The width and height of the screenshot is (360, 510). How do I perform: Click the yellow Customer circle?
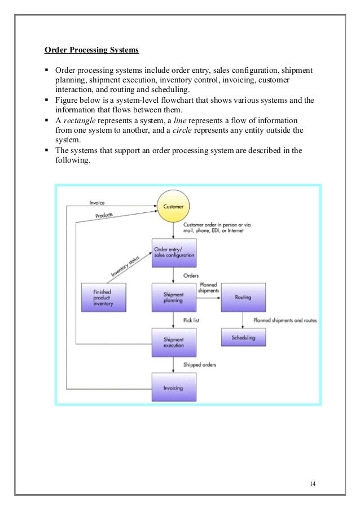point(173,206)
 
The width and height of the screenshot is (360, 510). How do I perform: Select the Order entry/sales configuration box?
point(174,253)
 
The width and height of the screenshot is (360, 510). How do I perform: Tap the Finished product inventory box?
point(104,298)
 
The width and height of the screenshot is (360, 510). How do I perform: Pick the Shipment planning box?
point(174,298)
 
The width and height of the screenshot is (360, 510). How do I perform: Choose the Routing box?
point(243,298)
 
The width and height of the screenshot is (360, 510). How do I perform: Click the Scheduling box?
point(243,337)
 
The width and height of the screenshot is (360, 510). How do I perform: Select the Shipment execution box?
point(174,342)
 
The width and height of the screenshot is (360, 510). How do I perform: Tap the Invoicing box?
point(174,387)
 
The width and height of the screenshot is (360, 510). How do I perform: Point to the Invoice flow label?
point(97,203)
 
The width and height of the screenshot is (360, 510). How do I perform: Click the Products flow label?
point(104,215)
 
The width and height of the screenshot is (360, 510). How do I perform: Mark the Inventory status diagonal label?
point(125,267)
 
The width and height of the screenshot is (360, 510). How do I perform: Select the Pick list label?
point(191,320)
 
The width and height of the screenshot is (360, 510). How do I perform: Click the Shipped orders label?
point(200,365)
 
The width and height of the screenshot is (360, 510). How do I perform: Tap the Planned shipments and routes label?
point(285,320)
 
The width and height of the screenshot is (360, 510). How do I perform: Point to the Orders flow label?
point(191,276)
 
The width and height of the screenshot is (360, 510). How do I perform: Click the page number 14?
point(313,483)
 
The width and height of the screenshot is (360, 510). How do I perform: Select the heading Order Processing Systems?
point(91,50)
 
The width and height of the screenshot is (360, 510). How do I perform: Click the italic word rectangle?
point(80,121)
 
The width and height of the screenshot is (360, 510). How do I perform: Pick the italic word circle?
point(182,130)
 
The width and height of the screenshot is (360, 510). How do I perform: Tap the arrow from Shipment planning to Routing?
point(209,298)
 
